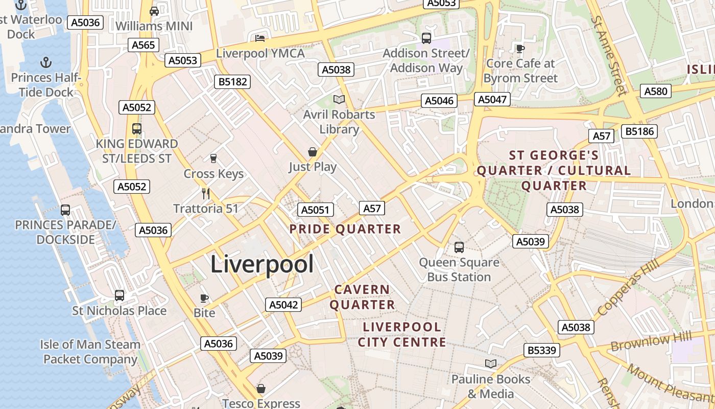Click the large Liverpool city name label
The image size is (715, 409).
[262, 264]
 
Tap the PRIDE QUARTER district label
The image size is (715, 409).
[345, 229]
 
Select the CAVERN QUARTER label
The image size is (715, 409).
[362, 297]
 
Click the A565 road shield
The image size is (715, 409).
[143, 45]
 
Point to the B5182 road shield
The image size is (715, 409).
[233, 81]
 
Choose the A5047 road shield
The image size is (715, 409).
[492, 99]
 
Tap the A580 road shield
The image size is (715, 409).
[656, 92]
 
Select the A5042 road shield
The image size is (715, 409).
[283, 305]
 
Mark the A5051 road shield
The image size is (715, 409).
[316, 210]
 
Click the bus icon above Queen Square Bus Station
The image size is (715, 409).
[459, 247]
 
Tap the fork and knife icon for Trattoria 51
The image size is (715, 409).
[206, 194]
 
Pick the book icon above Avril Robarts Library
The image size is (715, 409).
[339, 99]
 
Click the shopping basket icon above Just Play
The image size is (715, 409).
[313, 152]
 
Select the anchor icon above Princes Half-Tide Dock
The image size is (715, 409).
[46, 62]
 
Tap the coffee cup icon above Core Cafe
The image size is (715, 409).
[520, 49]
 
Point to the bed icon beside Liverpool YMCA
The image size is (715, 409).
[260, 38]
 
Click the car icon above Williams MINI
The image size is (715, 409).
[154, 11]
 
